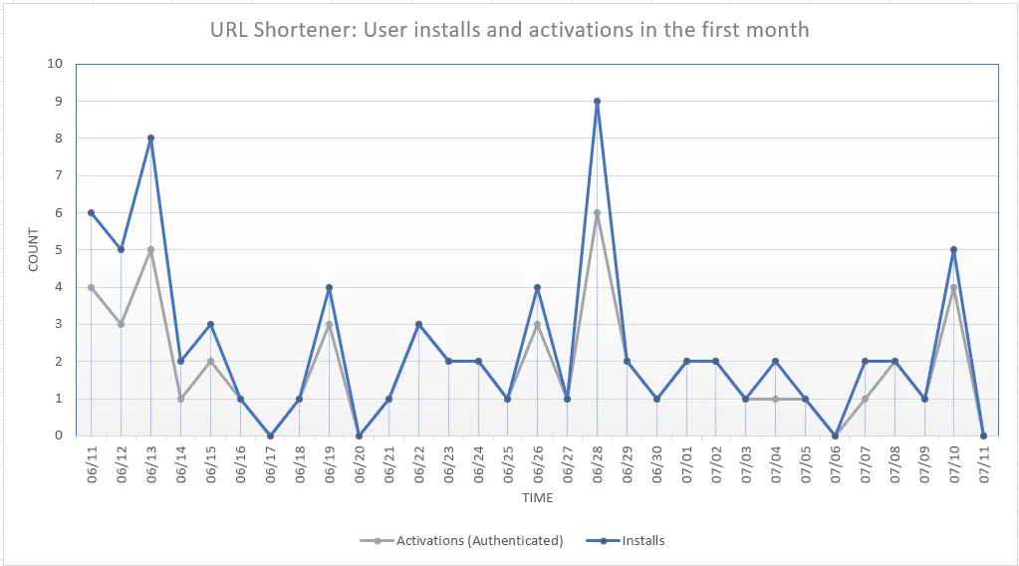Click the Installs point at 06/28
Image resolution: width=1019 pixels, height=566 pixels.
tap(597, 101)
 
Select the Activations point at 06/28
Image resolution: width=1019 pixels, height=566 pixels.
tap(597, 212)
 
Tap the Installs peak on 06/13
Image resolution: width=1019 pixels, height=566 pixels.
tap(151, 139)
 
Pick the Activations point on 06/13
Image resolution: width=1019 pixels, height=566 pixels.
tap(151, 250)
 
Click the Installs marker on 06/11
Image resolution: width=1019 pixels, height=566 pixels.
tap(92, 212)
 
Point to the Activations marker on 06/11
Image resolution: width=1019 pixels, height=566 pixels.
tap(92, 287)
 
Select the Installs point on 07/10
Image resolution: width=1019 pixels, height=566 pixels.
tap(954, 250)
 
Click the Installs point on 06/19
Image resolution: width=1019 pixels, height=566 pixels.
tap(330, 287)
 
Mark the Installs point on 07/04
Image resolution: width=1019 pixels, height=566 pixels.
tap(776, 362)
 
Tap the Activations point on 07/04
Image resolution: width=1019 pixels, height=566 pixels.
tap(776, 399)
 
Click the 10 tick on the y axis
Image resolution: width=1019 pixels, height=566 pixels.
tap(55, 64)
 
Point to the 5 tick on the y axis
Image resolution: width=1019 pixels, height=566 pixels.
tap(59, 250)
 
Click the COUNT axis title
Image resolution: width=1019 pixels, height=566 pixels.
tap(33, 250)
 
